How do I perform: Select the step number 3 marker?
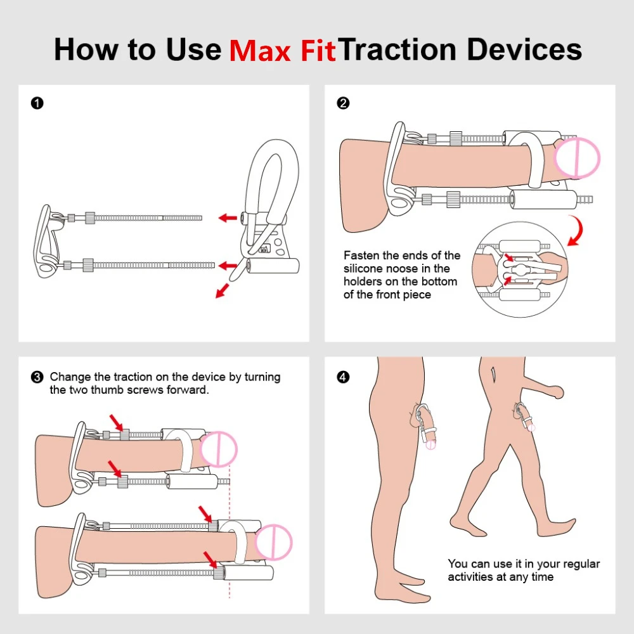coord(37,377)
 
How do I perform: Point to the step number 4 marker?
coord(343,377)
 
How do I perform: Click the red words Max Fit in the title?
coord(282,51)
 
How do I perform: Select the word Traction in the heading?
coord(396,49)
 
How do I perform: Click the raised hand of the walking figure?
coord(559,392)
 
